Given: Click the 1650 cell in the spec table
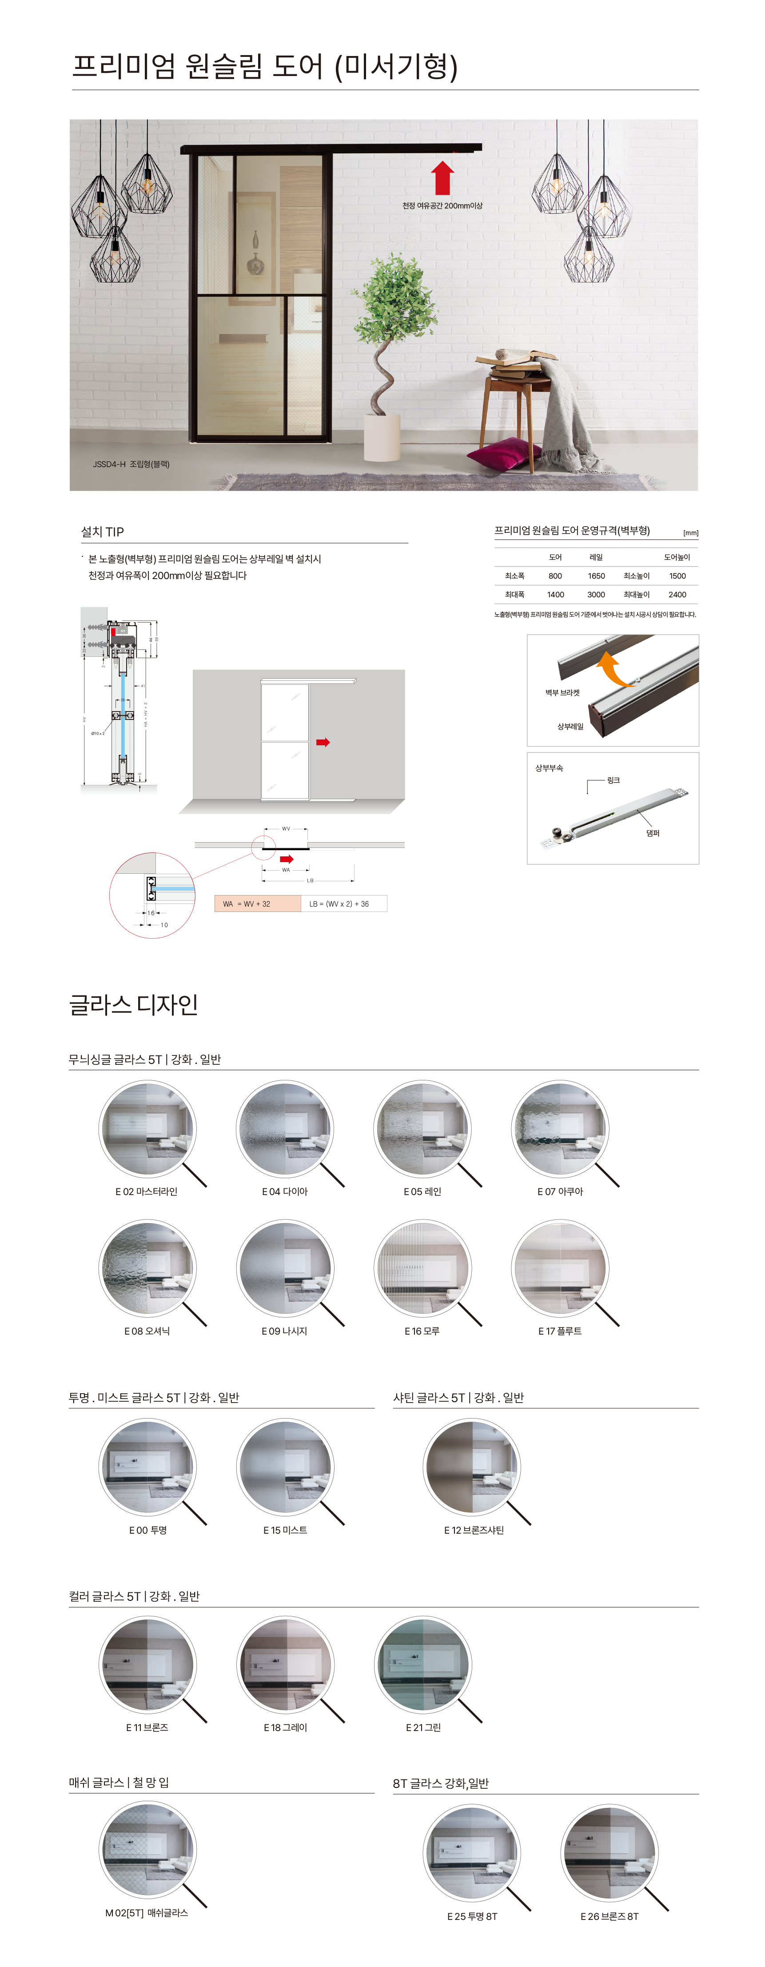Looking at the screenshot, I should [x=596, y=576].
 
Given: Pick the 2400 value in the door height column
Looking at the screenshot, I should [x=677, y=594].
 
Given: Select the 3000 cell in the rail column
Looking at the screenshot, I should [x=596, y=594].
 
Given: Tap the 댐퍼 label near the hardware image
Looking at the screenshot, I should [x=653, y=833].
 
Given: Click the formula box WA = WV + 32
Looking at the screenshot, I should [x=257, y=904].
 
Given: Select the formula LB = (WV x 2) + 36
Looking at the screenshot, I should [x=343, y=904].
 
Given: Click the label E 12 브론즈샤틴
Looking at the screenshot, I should [x=474, y=1530].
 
